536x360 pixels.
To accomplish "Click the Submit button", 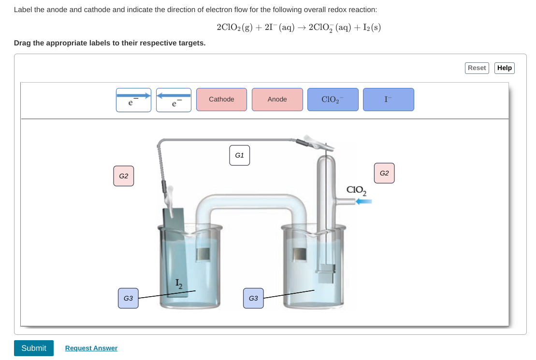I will [33, 348].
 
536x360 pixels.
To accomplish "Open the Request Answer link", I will [91, 348].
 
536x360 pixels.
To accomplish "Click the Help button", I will [504, 68].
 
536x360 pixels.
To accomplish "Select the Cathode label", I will [221, 100].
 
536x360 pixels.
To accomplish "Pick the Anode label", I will [277, 100].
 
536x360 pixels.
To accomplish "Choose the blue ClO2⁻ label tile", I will [333, 100].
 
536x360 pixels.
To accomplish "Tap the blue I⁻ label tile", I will [388, 100].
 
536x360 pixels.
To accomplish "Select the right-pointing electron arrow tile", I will [133, 100].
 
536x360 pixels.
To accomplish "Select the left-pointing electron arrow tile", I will [174, 100].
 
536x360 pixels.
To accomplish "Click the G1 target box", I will [239, 156].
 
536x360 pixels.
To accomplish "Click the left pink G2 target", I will [123, 176].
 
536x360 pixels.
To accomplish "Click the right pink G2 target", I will [384, 173].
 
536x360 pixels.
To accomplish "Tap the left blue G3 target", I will [128, 298].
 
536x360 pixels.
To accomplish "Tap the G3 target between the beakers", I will [253, 298].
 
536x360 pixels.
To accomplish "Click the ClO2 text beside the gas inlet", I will [356, 190].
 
